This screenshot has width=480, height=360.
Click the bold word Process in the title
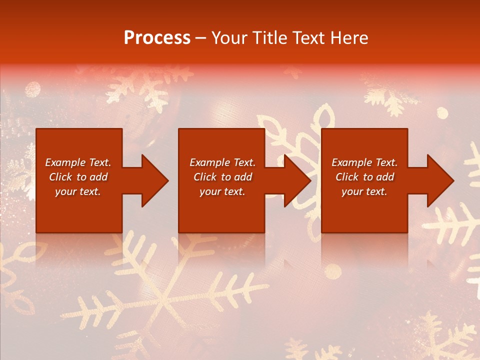click(x=157, y=38)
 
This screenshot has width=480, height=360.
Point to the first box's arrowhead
click(x=155, y=180)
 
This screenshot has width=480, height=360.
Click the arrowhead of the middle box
click(x=297, y=180)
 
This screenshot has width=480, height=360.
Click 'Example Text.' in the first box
click(x=78, y=162)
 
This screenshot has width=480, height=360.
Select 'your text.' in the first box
click(x=78, y=191)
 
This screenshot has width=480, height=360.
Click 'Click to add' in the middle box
click(x=222, y=177)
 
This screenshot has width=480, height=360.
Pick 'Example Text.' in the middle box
click(x=222, y=162)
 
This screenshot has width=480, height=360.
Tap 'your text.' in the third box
click(x=364, y=191)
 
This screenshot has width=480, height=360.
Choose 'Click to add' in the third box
click(x=364, y=177)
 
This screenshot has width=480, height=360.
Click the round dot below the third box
click(x=333, y=271)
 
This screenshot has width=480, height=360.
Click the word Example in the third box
click(x=351, y=162)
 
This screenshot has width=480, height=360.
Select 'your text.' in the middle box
click(x=222, y=191)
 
